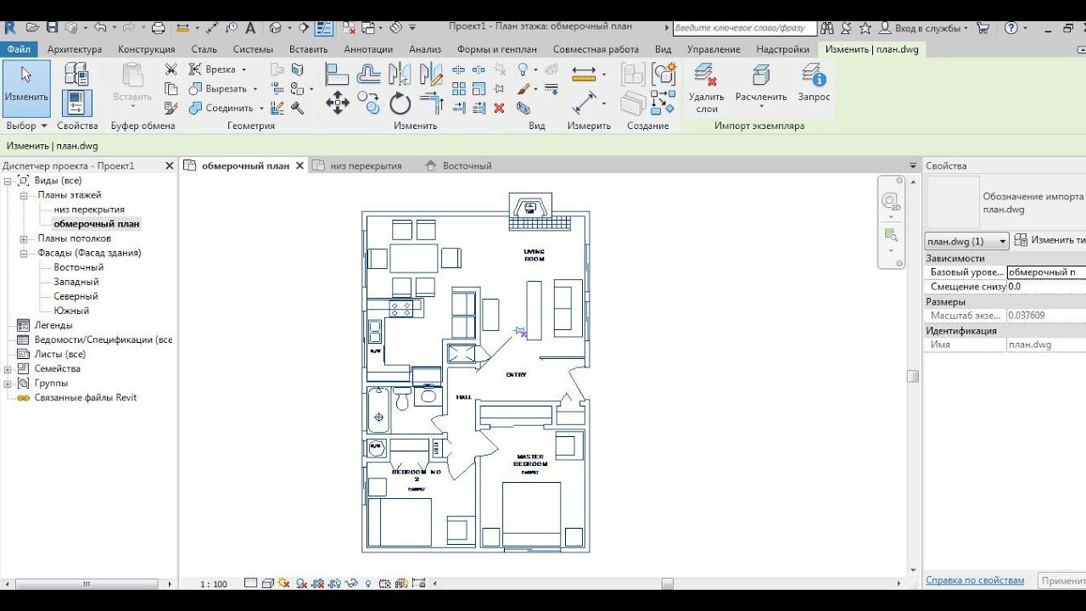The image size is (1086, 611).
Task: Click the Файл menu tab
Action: pyautogui.click(x=18, y=49)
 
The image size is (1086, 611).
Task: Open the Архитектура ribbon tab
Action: pyautogui.click(x=75, y=49)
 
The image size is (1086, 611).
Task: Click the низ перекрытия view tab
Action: pyautogui.click(x=366, y=165)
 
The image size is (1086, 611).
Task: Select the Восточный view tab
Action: pyautogui.click(x=467, y=165)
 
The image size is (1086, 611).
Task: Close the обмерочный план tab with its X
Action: pyautogui.click(x=299, y=165)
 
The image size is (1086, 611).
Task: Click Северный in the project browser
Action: pyautogui.click(x=76, y=296)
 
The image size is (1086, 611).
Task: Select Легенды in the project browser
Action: pyautogui.click(x=53, y=325)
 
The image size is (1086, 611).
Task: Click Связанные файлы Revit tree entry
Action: pyautogui.click(x=85, y=397)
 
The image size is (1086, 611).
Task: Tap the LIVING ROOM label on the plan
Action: pyautogui.click(x=534, y=255)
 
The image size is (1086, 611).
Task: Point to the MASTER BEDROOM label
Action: pyautogui.click(x=530, y=461)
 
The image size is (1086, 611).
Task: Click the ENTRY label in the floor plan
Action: pyautogui.click(x=516, y=374)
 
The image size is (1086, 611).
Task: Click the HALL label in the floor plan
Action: pyautogui.click(x=463, y=396)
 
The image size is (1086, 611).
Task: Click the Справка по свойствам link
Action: pyautogui.click(x=975, y=580)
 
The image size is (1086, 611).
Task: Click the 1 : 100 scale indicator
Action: pyautogui.click(x=214, y=584)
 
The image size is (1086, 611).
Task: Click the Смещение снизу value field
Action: pyautogui.click(x=1045, y=287)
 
